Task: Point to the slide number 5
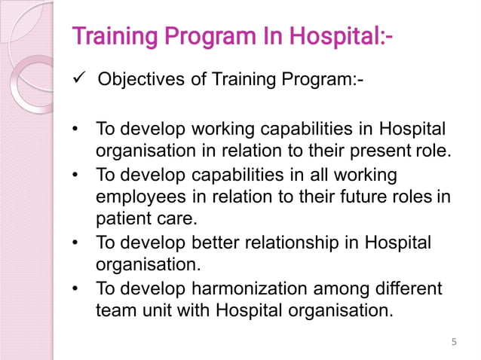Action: [453, 343]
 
